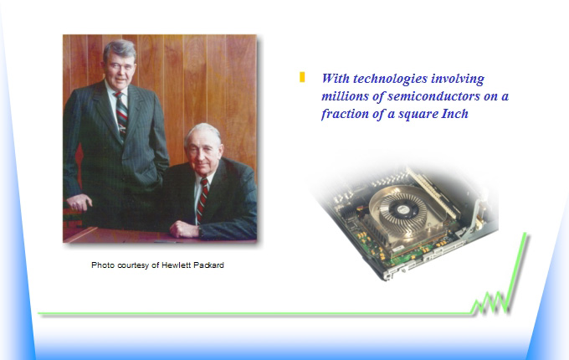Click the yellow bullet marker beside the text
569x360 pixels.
coord(302,77)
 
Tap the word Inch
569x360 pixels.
coord(454,114)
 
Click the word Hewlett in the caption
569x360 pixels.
coord(176,265)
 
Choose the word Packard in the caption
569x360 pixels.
coord(208,265)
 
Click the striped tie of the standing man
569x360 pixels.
coord(121,115)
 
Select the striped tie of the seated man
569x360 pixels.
coord(202,199)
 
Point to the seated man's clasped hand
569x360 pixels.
coord(184,229)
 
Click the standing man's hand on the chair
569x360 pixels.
coord(79,202)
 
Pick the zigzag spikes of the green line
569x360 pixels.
coord(490,303)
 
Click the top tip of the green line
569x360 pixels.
coord(525,234)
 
